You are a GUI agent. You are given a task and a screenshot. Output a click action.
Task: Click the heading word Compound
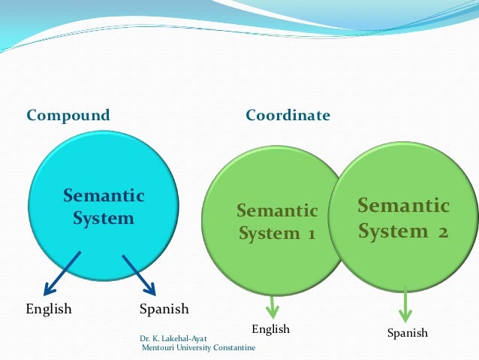point(68,116)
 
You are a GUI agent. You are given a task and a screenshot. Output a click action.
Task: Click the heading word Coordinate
point(288,116)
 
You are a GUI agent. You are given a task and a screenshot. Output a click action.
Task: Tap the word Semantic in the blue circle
point(104,195)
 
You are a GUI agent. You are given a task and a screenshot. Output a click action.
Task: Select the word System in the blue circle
point(104,219)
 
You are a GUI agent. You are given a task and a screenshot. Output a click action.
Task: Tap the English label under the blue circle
point(49,309)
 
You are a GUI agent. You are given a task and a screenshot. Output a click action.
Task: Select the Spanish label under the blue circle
point(164,309)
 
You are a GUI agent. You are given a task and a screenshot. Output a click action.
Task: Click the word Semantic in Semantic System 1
point(277,210)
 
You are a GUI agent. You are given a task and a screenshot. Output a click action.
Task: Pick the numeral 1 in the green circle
point(309,234)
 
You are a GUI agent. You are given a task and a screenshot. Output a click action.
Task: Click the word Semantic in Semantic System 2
point(403,206)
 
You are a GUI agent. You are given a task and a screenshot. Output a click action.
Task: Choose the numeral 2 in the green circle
point(442,231)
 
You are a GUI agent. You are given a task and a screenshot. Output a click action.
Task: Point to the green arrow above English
point(272,306)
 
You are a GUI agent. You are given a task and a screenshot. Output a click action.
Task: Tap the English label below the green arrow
point(270,329)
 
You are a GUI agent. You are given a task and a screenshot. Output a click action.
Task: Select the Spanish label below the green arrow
point(407,332)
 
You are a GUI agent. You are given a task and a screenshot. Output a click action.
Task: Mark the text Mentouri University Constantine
point(198,347)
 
